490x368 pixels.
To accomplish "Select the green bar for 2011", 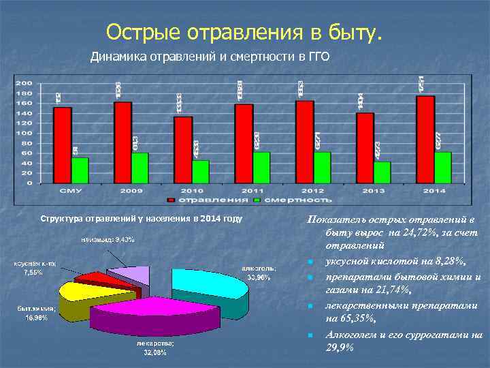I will pos(261,167).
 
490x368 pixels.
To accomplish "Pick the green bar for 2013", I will pos(382,172).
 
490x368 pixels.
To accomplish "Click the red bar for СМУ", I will pos(63,144).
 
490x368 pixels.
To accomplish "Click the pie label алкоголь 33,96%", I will pos(258,272).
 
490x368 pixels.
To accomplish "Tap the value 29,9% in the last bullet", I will pos(340,348).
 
